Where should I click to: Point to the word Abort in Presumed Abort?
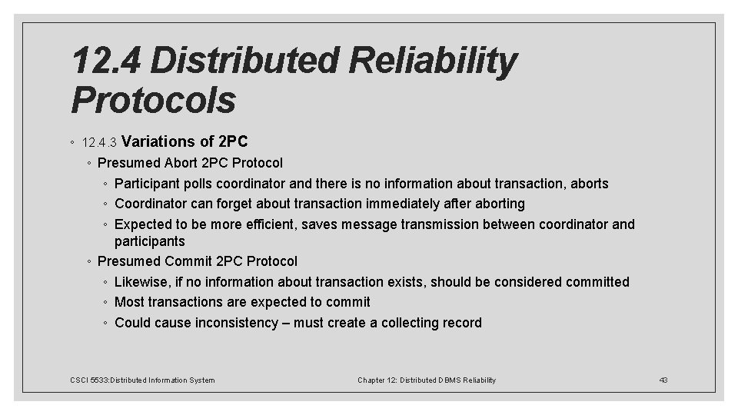point(178,163)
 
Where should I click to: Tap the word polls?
point(194,184)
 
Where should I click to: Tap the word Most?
point(129,302)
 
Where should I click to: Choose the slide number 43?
point(664,380)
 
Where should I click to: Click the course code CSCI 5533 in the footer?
point(89,380)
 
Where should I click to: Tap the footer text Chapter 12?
point(377,380)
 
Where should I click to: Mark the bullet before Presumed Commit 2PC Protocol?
point(90,262)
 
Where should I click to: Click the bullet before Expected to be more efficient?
point(106,224)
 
